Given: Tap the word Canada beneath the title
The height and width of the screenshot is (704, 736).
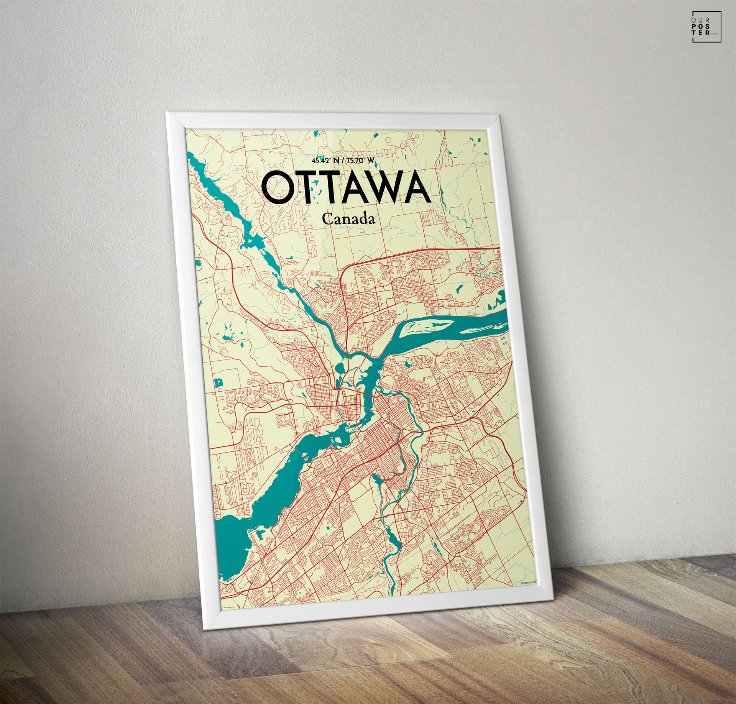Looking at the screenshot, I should point(348,219).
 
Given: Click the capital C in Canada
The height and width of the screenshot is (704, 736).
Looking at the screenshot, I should point(327,219).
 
